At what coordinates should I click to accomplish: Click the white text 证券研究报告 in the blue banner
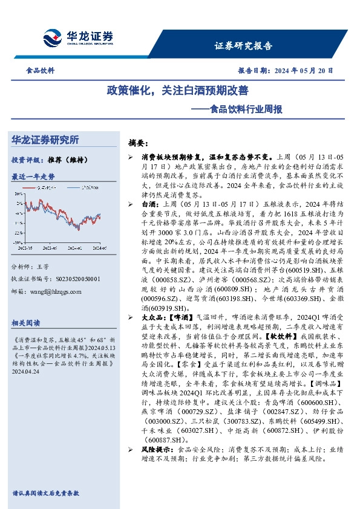click(x=244, y=46)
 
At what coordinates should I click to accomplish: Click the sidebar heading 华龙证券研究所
click(x=45, y=140)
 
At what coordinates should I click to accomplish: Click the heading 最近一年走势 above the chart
click(x=33, y=177)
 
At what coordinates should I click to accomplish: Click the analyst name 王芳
click(x=42, y=267)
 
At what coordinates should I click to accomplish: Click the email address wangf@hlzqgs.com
click(x=58, y=290)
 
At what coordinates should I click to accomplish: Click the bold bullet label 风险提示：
click(x=150, y=450)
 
